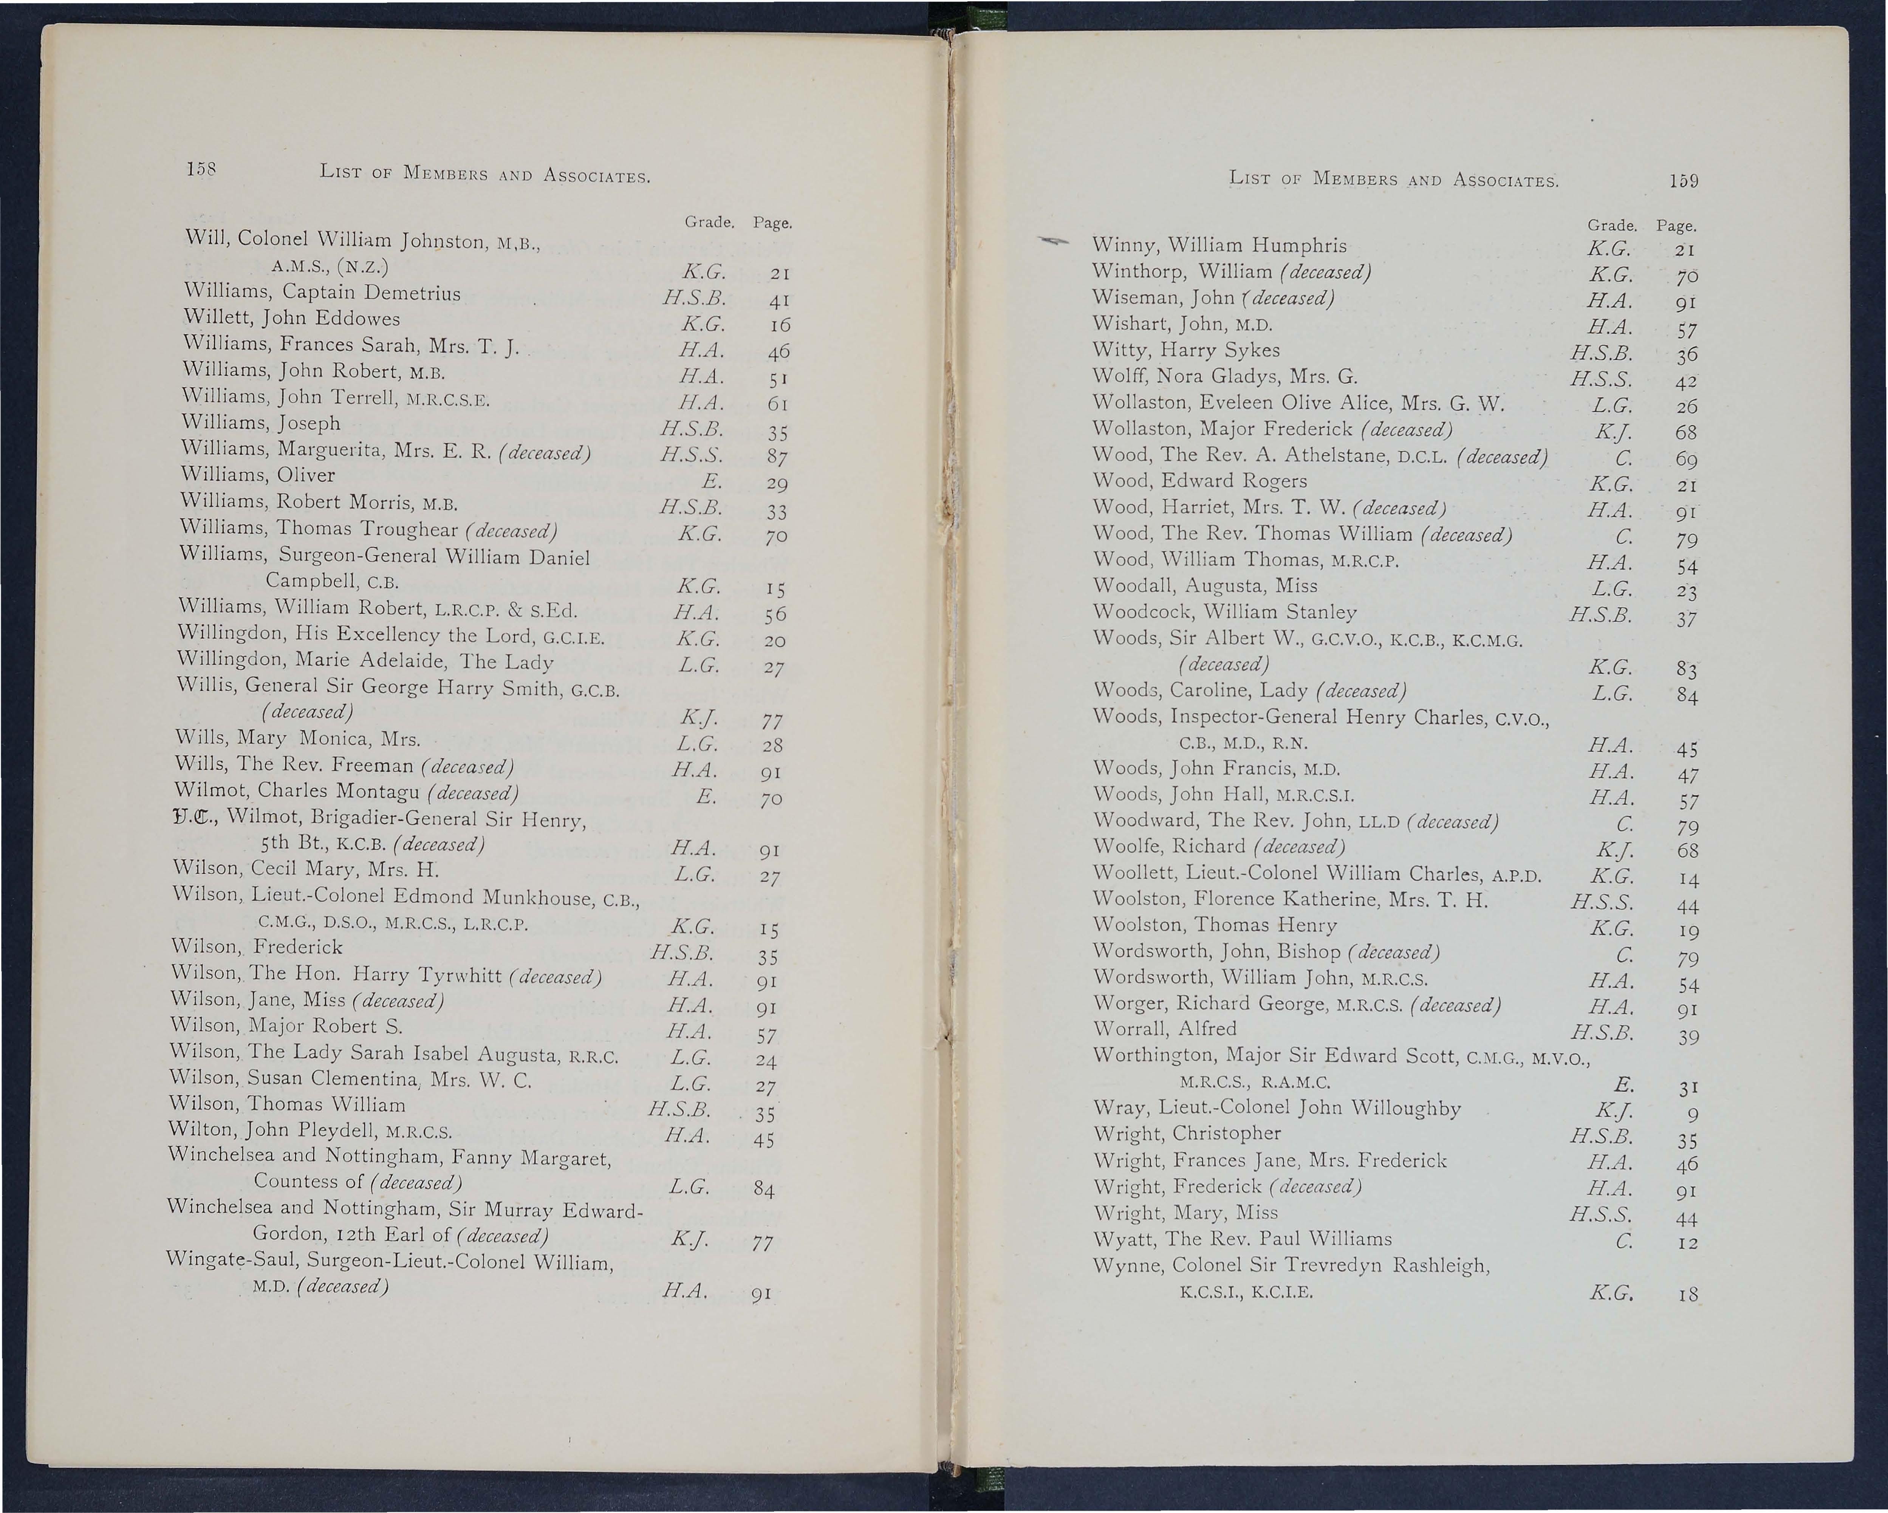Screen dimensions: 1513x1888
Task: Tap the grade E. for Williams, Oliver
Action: click(x=711, y=481)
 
